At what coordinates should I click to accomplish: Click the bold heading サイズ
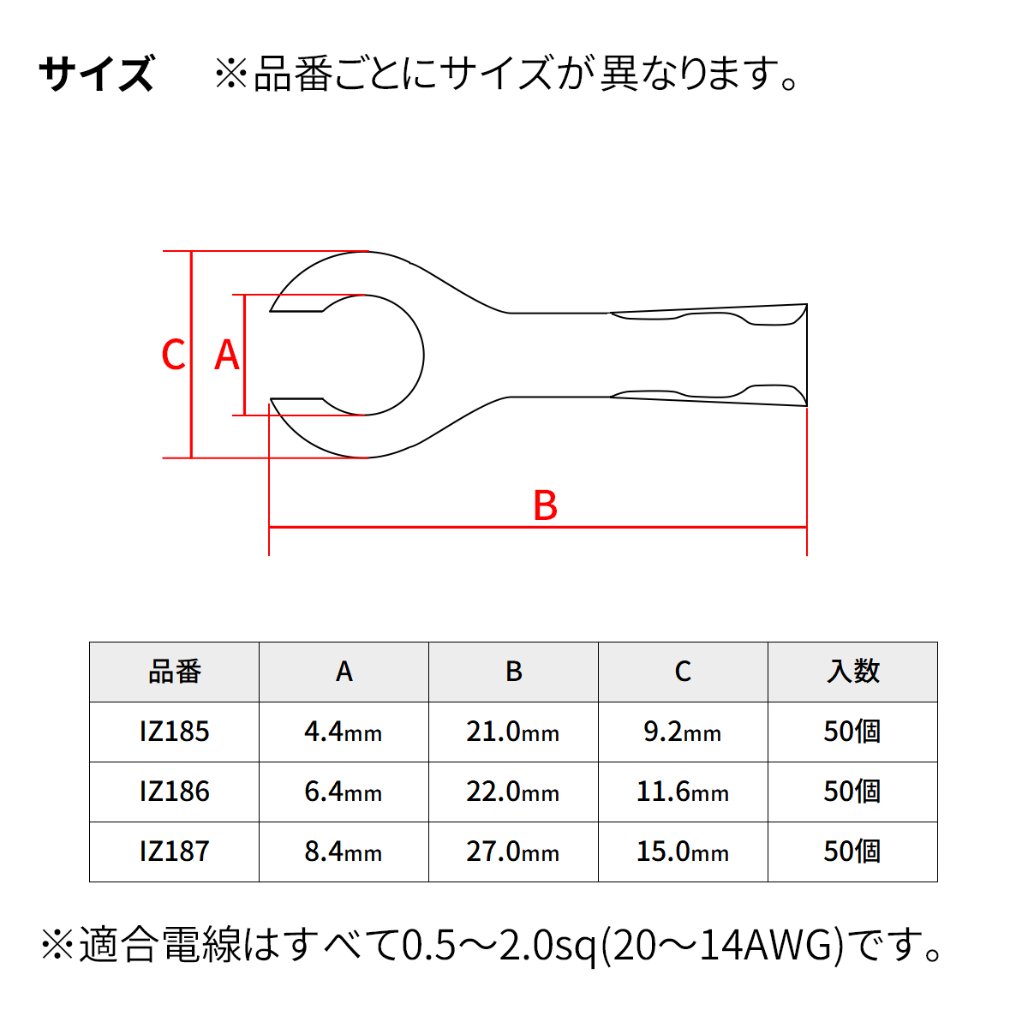click(x=97, y=73)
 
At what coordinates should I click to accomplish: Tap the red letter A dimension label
click(x=227, y=355)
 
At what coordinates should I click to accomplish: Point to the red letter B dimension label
click(x=545, y=505)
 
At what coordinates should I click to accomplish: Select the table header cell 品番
click(x=175, y=672)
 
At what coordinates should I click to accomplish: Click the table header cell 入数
click(x=852, y=672)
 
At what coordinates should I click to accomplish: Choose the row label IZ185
click(x=175, y=732)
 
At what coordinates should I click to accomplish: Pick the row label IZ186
click(x=175, y=792)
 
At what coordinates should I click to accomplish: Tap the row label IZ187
click(x=175, y=852)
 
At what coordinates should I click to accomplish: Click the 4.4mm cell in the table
click(x=344, y=732)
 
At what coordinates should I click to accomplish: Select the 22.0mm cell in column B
click(x=513, y=792)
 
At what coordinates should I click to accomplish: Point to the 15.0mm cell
click(x=683, y=852)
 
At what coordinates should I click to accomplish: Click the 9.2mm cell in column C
click(x=683, y=732)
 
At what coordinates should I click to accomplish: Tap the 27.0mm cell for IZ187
click(x=513, y=852)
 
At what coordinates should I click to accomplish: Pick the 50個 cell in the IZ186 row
click(x=852, y=792)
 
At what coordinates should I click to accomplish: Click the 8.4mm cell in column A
click(x=344, y=852)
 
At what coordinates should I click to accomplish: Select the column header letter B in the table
click(x=514, y=671)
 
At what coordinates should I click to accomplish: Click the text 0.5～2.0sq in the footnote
click(x=499, y=946)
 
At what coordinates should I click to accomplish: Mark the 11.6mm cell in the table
click(x=683, y=792)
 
